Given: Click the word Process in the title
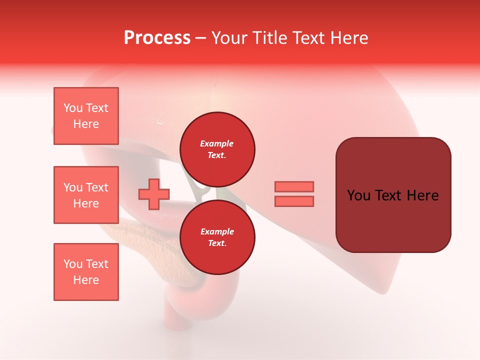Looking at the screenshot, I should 157,38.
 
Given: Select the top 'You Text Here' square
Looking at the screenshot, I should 86,116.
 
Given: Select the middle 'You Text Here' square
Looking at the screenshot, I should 86,195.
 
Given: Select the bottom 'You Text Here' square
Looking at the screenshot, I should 86,272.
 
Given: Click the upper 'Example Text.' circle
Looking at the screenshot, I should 217,149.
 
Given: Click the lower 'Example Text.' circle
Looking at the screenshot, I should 217,237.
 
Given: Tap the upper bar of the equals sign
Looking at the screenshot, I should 294,186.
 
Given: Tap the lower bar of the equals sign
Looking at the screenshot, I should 294,201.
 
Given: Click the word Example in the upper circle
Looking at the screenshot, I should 217,144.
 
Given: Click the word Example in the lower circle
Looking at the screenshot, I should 217,232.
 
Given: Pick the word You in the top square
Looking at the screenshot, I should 73,108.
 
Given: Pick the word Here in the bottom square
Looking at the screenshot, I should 86,280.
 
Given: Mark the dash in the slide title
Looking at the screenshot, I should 201,38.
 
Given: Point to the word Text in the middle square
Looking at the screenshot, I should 96,187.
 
